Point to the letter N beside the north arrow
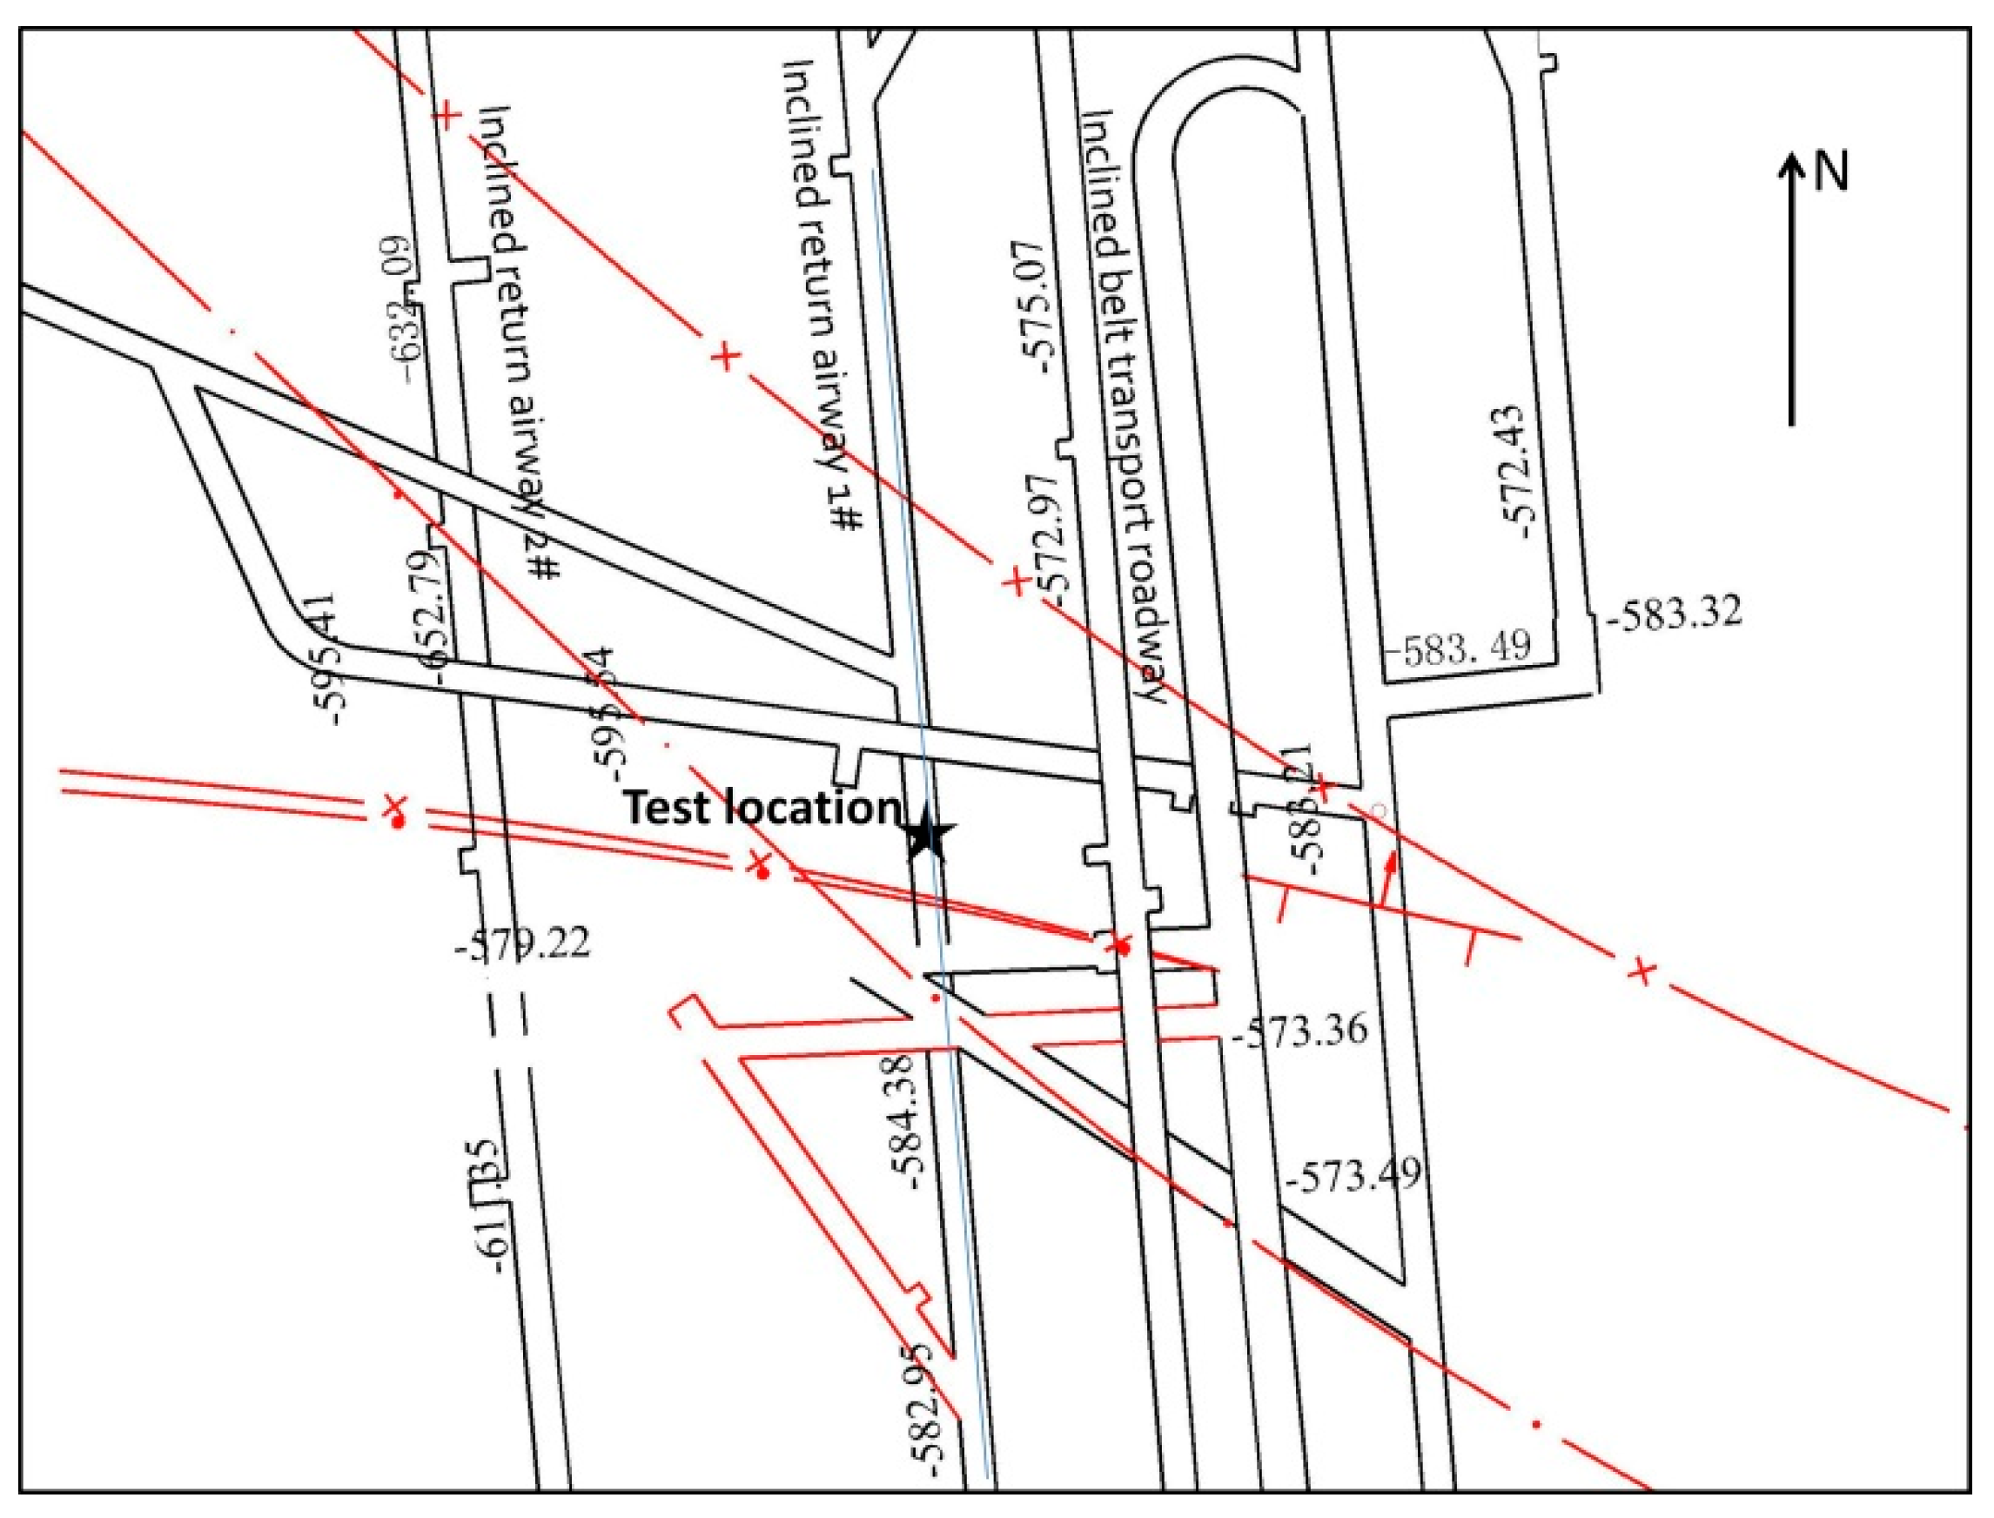click(x=1830, y=171)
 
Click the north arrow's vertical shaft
click(x=1791, y=299)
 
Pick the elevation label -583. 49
click(x=1457, y=646)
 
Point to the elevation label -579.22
click(x=523, y=944)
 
